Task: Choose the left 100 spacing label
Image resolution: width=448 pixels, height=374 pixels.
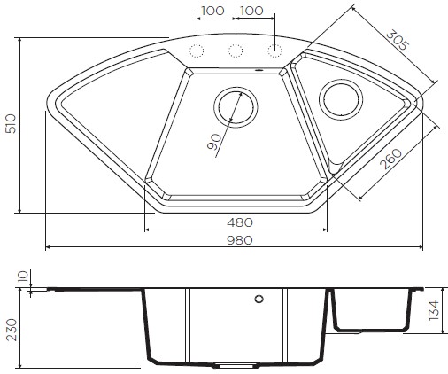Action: (x=212, y=11)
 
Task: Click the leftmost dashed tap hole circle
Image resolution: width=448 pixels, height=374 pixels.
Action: (x=197, y=50)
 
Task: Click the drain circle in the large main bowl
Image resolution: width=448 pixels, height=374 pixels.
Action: (x=237, y=107)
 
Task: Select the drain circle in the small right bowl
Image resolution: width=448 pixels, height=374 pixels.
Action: (x=340, y=98)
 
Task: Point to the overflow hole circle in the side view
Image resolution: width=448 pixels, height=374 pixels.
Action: (x=259, y=300)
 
